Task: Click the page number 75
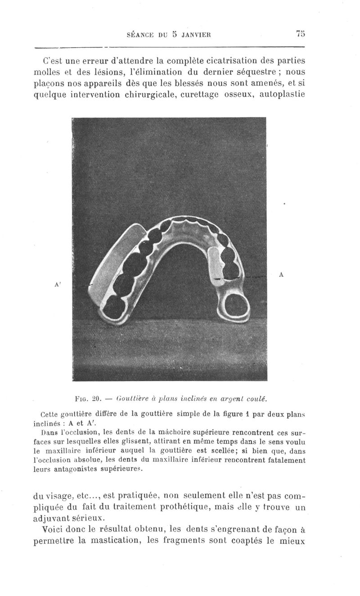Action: click(301, 33)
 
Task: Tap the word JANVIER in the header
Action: click(196, 34)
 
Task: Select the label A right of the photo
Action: click(281, 274)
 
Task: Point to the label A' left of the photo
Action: click(58, 284)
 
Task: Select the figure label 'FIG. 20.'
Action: click(89, 398)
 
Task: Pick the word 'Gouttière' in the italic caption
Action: click(131, 398)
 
